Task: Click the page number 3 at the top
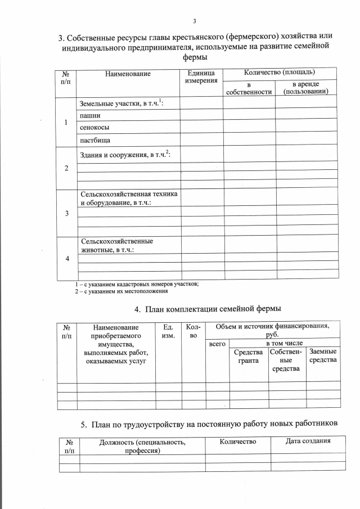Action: (194, 21)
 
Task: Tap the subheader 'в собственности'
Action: (248, 88)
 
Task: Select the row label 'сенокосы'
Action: (93, 127)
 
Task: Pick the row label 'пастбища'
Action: (94, 140)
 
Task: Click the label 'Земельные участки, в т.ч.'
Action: (121, 102)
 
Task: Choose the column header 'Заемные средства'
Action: (323, 355)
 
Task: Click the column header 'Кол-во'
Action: (192, 331)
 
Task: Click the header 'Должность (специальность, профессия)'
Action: (142, 446)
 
